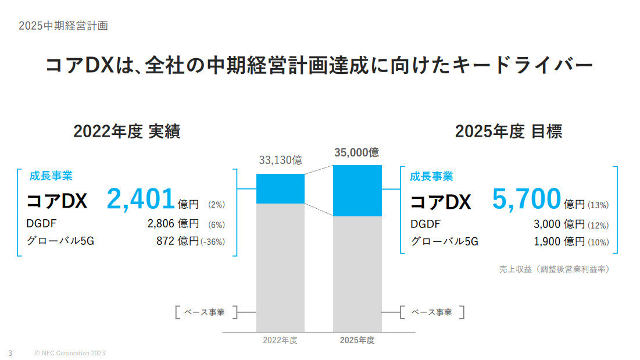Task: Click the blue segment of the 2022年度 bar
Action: click(x=280, y=188)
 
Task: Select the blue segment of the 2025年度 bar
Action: click(x=357, y=191)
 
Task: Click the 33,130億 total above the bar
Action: click(x=280, y=161)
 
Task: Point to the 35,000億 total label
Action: click(x=357, y=153)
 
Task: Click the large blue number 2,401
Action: click(x=140, y=199)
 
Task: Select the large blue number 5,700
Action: click(x=526, y=199)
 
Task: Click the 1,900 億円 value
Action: click(x=559, y=241)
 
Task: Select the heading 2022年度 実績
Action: click(x=127, y=132)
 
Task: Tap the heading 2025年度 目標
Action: click(x=508, y=132)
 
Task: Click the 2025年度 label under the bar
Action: click(x=357, y=341)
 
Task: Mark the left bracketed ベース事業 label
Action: click(x=207, y=312)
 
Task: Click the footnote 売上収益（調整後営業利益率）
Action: click(x=554, y=269)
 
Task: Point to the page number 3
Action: click(x=10, y=353)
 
